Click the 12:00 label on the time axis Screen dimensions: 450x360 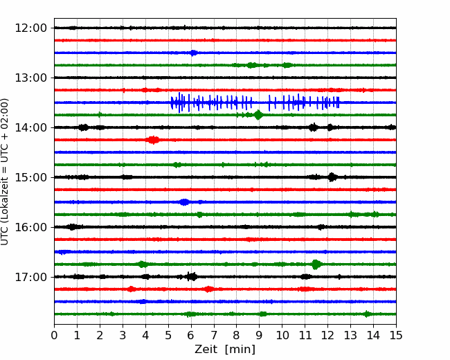point(30,28)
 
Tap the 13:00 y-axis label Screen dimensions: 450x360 point(30,78)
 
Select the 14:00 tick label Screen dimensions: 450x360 point(30,127)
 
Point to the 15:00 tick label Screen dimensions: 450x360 point(30,177)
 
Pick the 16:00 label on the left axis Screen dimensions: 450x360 point(30,227)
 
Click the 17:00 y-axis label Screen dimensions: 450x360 point(30,277)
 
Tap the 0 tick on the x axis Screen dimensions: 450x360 point(54,335)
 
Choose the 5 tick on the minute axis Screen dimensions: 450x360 point(168,335)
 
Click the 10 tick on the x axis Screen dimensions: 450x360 point(282,335)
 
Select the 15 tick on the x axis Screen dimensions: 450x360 point(396,335)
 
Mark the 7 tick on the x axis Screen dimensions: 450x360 point(214,335)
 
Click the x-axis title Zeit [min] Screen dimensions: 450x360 point(225,350)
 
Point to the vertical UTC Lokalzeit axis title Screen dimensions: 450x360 point(5,172)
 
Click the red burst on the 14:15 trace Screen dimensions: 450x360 point(152,140)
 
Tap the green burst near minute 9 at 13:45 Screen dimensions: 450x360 point(258,115)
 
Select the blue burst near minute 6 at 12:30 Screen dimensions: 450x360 point(194,53)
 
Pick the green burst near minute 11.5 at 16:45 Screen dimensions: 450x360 point(316,264)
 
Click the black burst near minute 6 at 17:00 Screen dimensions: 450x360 point(192,277)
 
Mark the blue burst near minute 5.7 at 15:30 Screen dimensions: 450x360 point(184,202)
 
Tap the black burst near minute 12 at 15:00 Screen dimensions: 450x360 point(332,177)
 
